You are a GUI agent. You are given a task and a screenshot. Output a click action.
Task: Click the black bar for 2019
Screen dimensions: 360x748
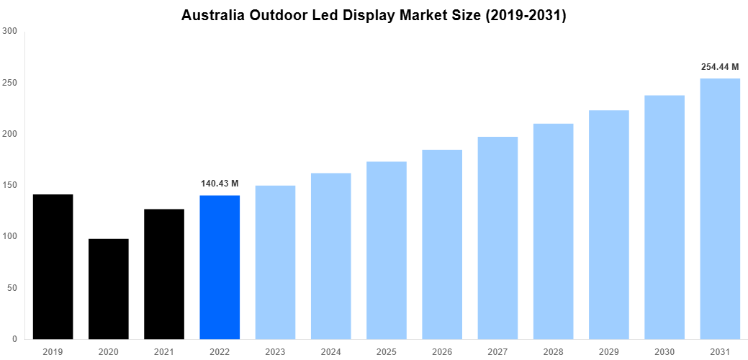click(x=53, y=266)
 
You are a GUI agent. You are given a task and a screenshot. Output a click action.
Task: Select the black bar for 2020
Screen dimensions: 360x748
click(x=108, y=289)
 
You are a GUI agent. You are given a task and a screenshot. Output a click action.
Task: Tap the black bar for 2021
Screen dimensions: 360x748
click(x=164, y=274)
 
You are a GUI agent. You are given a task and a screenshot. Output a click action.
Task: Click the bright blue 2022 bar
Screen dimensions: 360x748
click(x=220, y=267)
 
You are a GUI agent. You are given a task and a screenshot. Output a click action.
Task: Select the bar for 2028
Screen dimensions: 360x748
click(x=553, y=231)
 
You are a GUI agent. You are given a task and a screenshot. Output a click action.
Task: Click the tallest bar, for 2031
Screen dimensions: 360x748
click(x=720, y=209)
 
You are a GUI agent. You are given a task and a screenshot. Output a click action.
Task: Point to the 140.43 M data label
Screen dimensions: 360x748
click(x=220, y=184)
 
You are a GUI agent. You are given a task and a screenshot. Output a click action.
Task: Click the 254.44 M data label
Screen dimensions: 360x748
click(x=720, y=67)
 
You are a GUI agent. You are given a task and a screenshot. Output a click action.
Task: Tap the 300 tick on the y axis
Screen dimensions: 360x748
click(x=10, y=32)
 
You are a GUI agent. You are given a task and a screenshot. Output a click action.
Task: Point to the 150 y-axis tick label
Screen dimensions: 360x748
click(x=10, y=185)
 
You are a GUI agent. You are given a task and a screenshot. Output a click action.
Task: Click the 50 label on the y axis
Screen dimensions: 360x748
click(x=12, y=288)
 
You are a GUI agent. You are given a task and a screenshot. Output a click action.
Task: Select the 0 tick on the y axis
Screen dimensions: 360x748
click(x=15, y=339)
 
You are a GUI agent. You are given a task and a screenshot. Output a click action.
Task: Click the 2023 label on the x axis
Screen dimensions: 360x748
click(x=275, y=351)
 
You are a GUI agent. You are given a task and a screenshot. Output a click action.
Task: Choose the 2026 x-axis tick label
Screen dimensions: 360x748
click(x=442, y=351)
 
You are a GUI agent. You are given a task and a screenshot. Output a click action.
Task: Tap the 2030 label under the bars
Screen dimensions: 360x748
click(x=664, y=351)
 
